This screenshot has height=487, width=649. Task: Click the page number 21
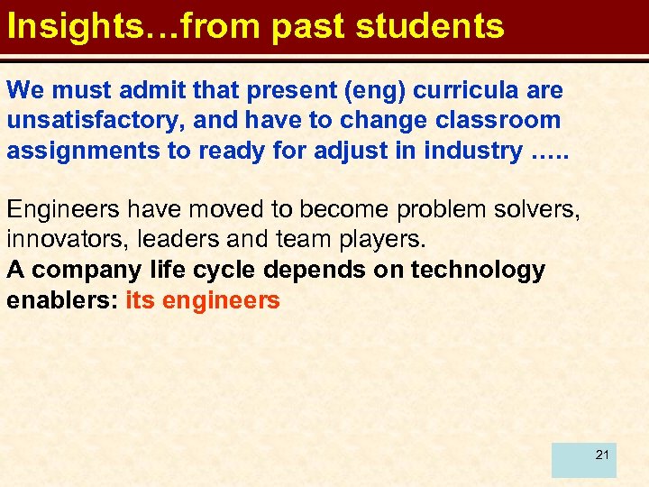(x=602, y=455)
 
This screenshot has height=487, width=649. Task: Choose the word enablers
(x=59, y=299)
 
